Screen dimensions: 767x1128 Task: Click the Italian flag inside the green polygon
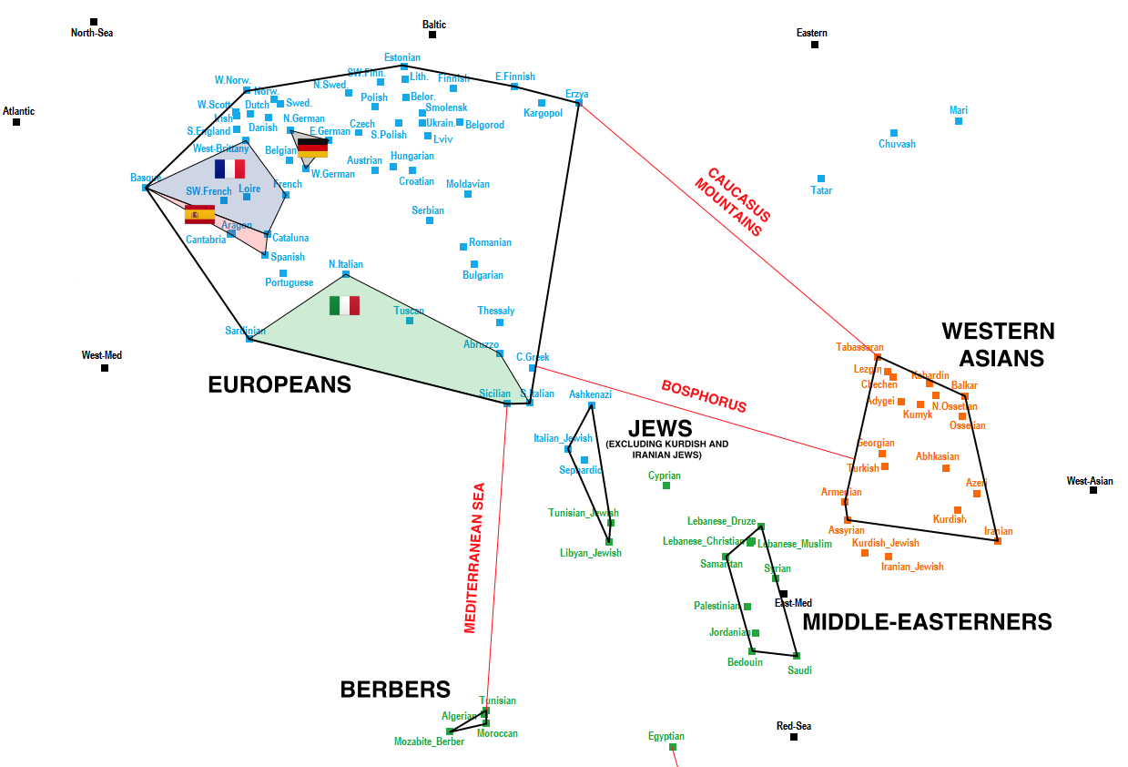[345, 305]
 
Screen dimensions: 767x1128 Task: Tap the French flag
[229, 169]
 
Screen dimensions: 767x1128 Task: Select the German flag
[312, 148]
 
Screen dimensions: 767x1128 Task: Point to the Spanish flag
[199, 215]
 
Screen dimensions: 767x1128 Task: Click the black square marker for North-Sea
[93, 22]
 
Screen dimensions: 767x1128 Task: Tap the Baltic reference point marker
[432, 35]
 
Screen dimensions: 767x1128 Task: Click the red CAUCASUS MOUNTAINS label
[733, 201]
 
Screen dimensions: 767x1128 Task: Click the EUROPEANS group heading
[279, 385]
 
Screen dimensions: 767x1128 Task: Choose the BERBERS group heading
[395, 690]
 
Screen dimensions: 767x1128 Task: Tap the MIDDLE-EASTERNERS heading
[927, 622]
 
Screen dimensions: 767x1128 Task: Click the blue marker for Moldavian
[468, 194]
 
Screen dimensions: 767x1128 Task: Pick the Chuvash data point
[894, 133]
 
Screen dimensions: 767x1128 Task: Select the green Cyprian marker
[666, 486]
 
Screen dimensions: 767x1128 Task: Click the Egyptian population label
[666, 736]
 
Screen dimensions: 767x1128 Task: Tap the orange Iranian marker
[998, 541]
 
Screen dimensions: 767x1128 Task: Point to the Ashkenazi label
[590, 394]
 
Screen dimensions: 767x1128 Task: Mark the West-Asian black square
[1093, 490]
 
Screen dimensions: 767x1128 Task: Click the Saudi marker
[797, 655]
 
